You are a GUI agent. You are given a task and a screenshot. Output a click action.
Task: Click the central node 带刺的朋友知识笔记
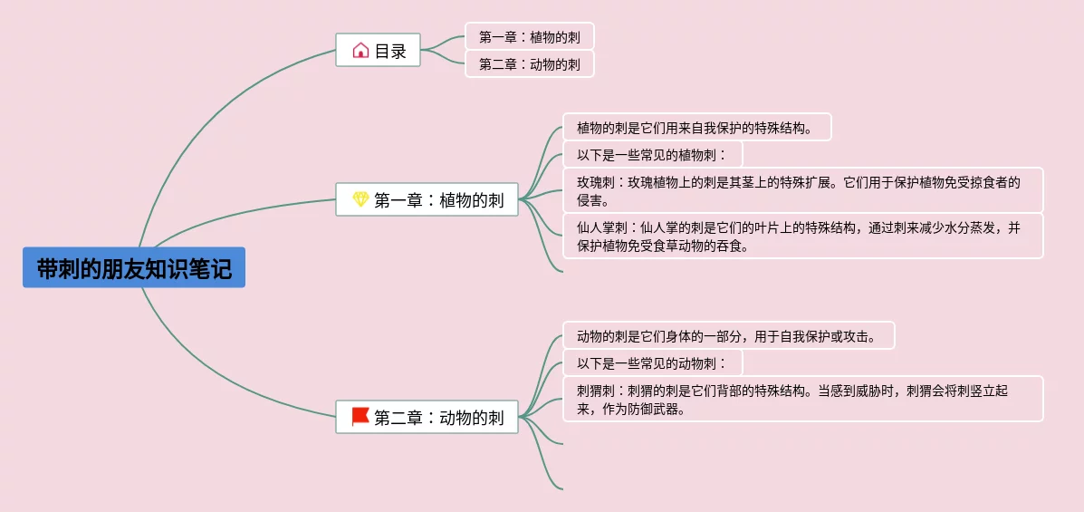click(x=134, y=268)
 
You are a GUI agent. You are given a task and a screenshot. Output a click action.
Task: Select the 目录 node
click(x=378, y=51)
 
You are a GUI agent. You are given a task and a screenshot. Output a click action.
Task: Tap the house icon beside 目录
click(x=360, y=51)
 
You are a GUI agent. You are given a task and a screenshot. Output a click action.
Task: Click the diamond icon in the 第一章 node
click(x=360, y=199)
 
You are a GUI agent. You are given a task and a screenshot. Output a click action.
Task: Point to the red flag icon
click(x=360, y=417)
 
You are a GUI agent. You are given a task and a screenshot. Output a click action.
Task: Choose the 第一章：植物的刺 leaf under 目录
click(x=530, y=37)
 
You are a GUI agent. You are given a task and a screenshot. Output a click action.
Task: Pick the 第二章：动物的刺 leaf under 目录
click(x=530, y=64)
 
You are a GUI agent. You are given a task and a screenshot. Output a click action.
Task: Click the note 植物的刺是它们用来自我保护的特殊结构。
click(x=696, y=128)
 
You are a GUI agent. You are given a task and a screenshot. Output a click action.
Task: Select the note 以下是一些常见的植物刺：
click(x=652, y=155)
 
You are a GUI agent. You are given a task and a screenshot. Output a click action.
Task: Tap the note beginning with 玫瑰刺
click(x=802, y=190)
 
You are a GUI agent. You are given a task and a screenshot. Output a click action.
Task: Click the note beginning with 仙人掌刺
click(x=802, y=236)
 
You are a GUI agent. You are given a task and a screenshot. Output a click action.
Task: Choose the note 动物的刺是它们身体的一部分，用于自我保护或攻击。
click(x=728, y=336)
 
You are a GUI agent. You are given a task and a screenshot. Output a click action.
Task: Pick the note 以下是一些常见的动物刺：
click(x=652, y=363)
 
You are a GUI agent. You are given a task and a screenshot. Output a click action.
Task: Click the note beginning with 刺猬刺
click(x=802, y=399)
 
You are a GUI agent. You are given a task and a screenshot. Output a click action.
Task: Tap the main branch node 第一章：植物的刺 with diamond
click(x=427, y=200)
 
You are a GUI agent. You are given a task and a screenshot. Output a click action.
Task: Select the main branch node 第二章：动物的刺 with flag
click(x=427, y=418)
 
